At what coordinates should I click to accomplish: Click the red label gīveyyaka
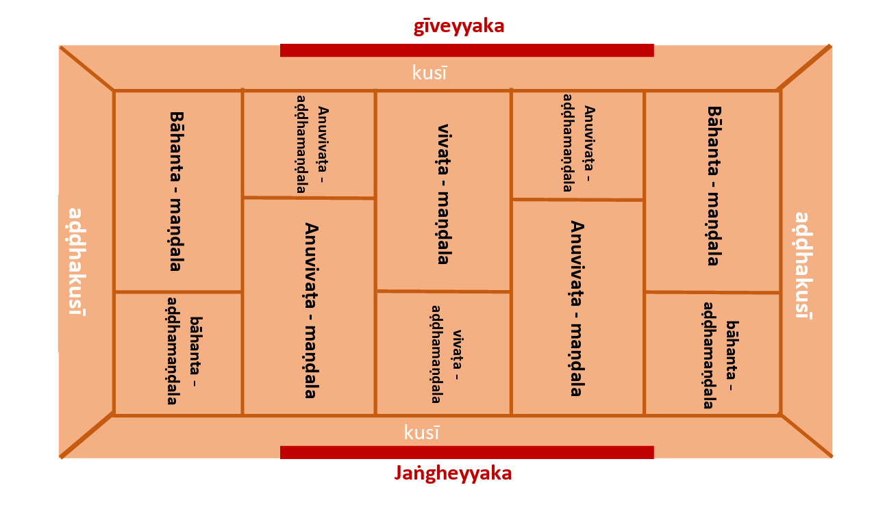459,27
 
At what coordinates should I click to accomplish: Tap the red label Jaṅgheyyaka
453,473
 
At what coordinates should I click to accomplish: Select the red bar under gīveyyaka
467,50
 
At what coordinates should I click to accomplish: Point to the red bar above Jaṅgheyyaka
467,452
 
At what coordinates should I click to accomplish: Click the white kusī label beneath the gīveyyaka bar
429,73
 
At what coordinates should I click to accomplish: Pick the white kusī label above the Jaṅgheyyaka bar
421,432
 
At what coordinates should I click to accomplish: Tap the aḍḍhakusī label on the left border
77,262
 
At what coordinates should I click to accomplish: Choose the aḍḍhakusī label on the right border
804,265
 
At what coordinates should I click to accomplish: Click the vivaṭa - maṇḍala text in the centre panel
445,194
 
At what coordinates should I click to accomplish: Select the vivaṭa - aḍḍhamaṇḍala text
447,354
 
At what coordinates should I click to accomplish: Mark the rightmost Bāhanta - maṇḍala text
715,186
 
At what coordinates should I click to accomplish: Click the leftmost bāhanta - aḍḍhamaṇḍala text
184,351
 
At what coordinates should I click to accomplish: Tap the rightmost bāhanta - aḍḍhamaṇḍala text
721,355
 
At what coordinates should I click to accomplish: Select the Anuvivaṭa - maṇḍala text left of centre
312,311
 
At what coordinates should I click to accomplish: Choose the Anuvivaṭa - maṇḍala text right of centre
577,308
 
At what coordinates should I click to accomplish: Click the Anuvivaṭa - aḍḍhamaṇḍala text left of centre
312,144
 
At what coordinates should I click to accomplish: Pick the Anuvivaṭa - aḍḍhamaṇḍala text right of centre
579,143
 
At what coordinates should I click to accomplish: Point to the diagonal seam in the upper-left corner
86,68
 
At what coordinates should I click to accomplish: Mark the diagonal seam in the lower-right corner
807,436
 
